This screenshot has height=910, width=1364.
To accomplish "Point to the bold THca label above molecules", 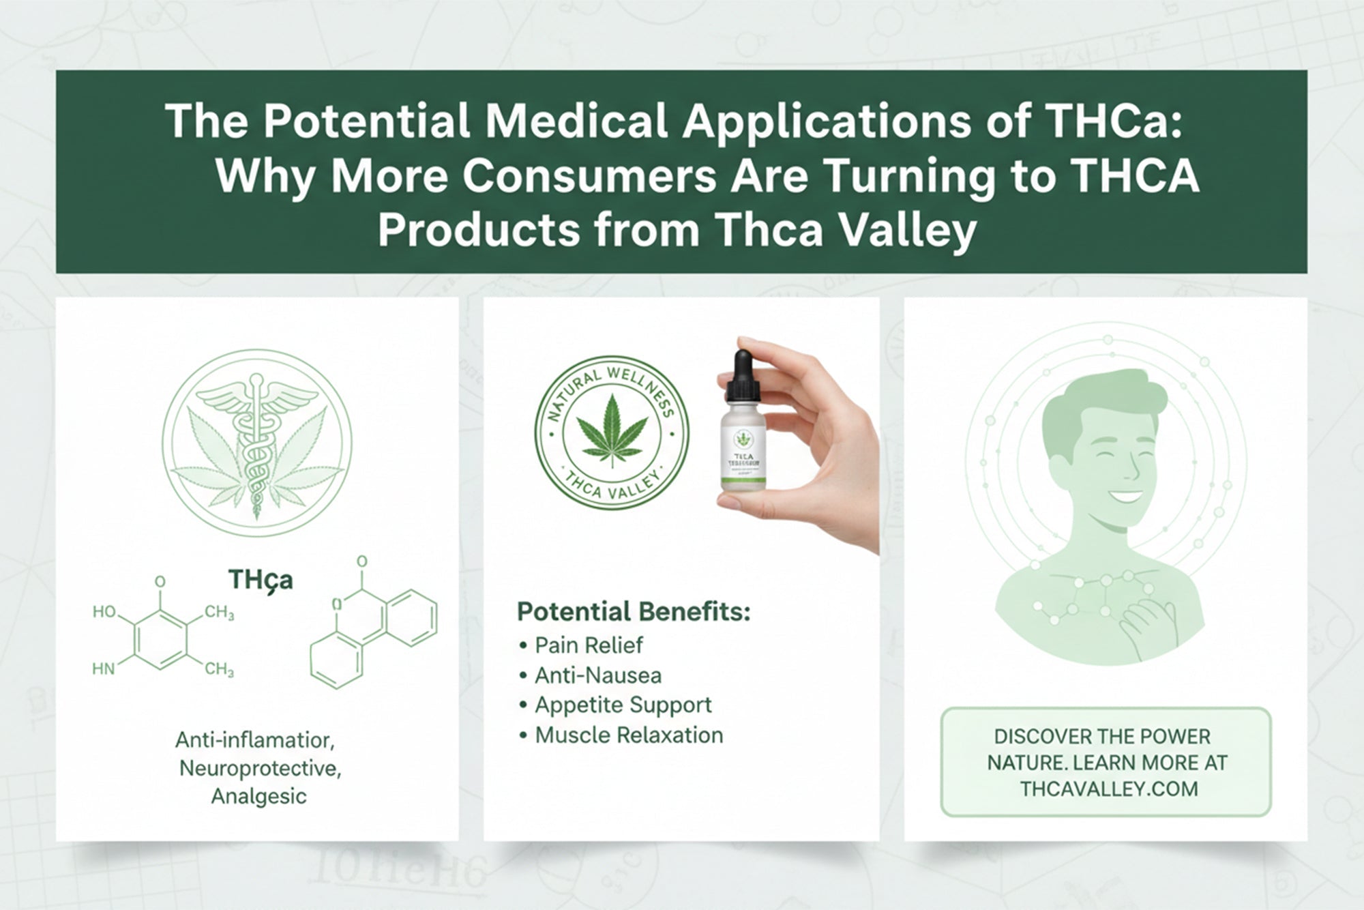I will [261, 580].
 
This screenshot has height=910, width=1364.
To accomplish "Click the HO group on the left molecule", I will [104, 612].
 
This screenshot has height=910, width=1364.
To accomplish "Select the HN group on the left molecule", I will [104, 669].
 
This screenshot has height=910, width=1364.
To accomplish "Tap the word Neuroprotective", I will [260, 768].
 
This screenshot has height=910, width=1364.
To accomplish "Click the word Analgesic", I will [258, 796].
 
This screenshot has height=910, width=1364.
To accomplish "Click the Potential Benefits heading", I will [633, 611].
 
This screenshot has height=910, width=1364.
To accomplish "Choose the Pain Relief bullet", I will [588, 645].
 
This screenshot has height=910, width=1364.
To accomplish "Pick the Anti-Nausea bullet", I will [597, 675].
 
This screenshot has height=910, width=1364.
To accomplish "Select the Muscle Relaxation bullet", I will [628, 735].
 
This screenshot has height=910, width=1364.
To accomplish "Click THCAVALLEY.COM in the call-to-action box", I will [1109, 789].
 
